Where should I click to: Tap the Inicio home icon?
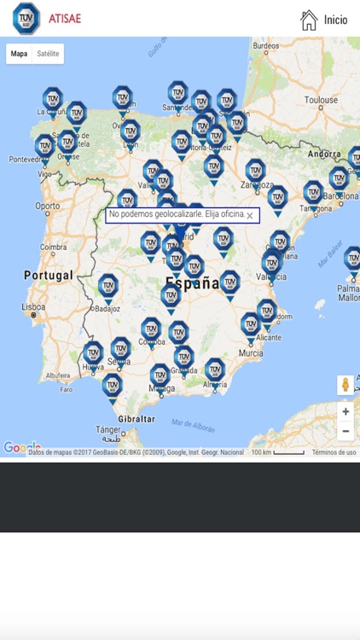(x=309, y=20)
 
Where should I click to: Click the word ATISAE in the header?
(x=65, y=18)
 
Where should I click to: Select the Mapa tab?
(x=19, y=54)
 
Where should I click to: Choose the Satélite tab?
(x=48, y=54)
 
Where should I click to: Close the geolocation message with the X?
(x=250, y=216)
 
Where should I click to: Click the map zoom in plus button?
(x=345, y=411)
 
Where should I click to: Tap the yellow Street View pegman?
(x=345, y=385)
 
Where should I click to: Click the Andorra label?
(x=324, y=154)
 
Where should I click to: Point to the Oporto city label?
(x=47, y=206)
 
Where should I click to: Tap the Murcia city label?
(x=251, y=352)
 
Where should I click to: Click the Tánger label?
(x=107, y=429)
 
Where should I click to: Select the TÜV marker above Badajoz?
(x=107, y=285)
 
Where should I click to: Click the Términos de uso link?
(x=334, y=452)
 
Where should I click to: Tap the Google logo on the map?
(x=21, y=447)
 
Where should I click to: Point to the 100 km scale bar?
(x=277, y=452)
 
